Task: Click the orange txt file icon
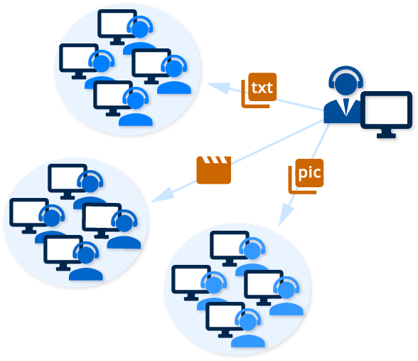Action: [x=260, y=90]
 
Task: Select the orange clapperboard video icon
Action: [x=213, y=170]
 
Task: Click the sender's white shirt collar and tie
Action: [x=346, y=105]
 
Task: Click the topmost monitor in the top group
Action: [x=118, y=26]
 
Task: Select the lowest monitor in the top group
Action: [x=112, y=96]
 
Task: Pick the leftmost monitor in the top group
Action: [x=79, y=60]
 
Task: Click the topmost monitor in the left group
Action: [x=68, y=179]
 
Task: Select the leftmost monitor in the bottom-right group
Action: [x=191, y=281]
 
